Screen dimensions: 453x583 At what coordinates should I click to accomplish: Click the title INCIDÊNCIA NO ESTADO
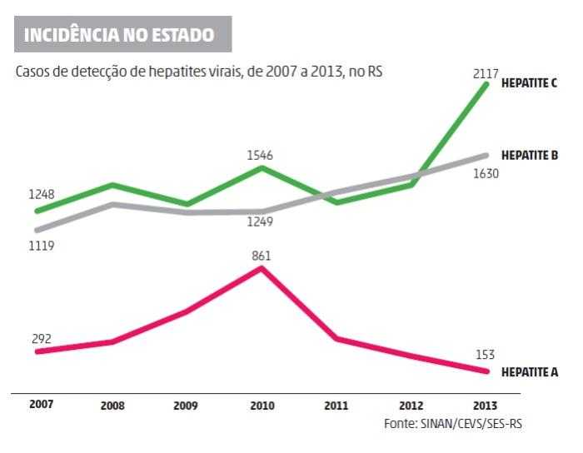(x=119, y=35)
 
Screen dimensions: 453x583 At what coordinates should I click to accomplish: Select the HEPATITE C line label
(x=529, y=84)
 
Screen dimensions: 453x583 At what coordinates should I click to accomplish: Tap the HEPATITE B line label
(x=529, y=155)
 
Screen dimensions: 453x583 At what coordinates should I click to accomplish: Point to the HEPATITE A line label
(x=529, y=372)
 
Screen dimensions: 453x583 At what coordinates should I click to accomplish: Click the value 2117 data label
(x=485, y=75)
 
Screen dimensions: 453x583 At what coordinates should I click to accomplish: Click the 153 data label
(x=483, y=354)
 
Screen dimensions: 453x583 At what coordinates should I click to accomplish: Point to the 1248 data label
(x=41, y=195)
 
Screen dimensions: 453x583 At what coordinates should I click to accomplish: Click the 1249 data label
(x=260, y=222)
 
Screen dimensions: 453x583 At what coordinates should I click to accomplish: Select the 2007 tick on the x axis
(x=40, y=405)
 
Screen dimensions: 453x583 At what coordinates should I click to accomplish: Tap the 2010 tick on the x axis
(x=261, y=406)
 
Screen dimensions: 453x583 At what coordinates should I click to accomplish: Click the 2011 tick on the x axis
(x=336, y=406)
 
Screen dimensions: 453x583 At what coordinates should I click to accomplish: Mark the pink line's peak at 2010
(x=262, y=268)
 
